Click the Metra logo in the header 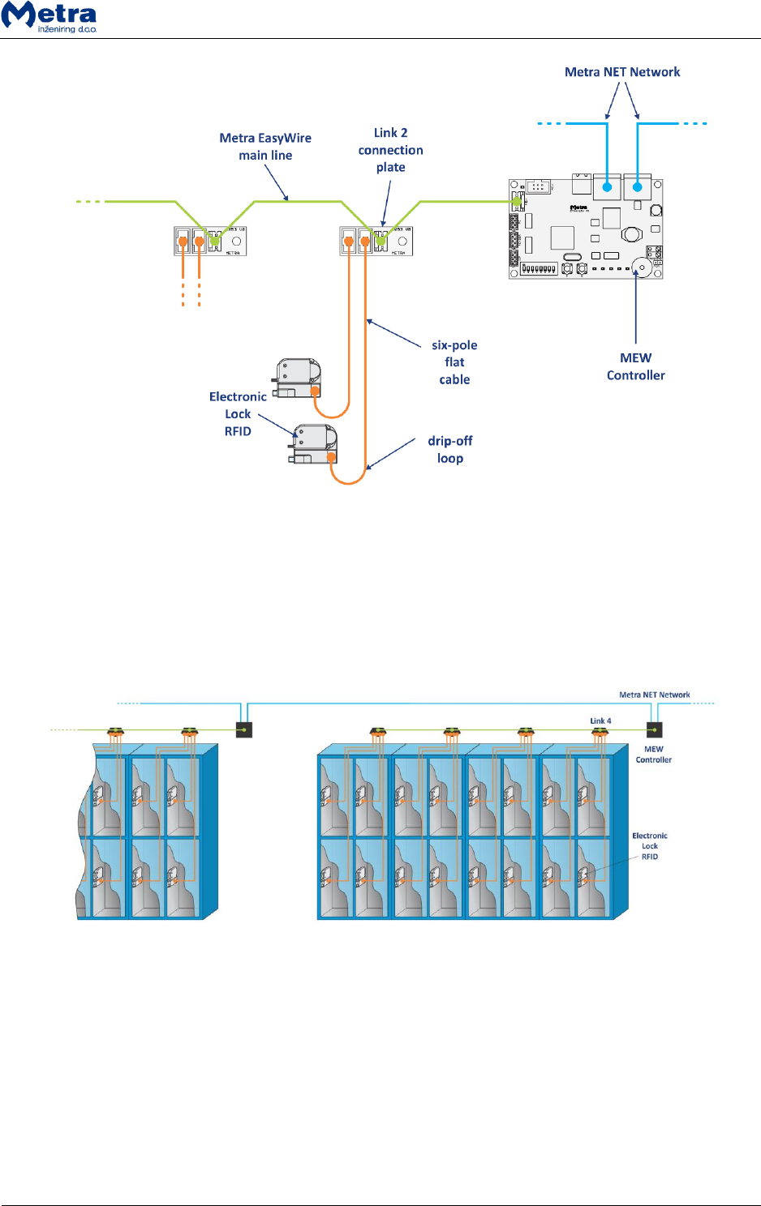click(x=49, y=17)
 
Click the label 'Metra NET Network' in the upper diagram click(x=622, y=72)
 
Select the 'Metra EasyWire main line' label click(x=265, y=147)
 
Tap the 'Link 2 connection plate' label click(x=390, y=150)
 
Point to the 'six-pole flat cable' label click(x=454, y=362)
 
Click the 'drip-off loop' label click(x=450, y=449)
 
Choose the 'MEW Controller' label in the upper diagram click(x=635, y=366)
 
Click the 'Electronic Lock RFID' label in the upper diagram click(x=238, y=413)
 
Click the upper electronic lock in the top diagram click(x=298, y=378)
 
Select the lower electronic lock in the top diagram click(x=314, y=444)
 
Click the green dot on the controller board click(x=515, y=200)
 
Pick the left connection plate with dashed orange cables click(x=210, y=241)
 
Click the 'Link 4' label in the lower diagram click(x=600, y=721)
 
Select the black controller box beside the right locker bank click(x=654, y=729)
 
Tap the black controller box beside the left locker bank click(x=244, y=729)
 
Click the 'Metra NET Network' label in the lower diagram click(x=654, y=695)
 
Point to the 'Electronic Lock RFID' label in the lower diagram click(x=650, y=845)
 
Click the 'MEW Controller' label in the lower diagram click(x=653, y=755)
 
